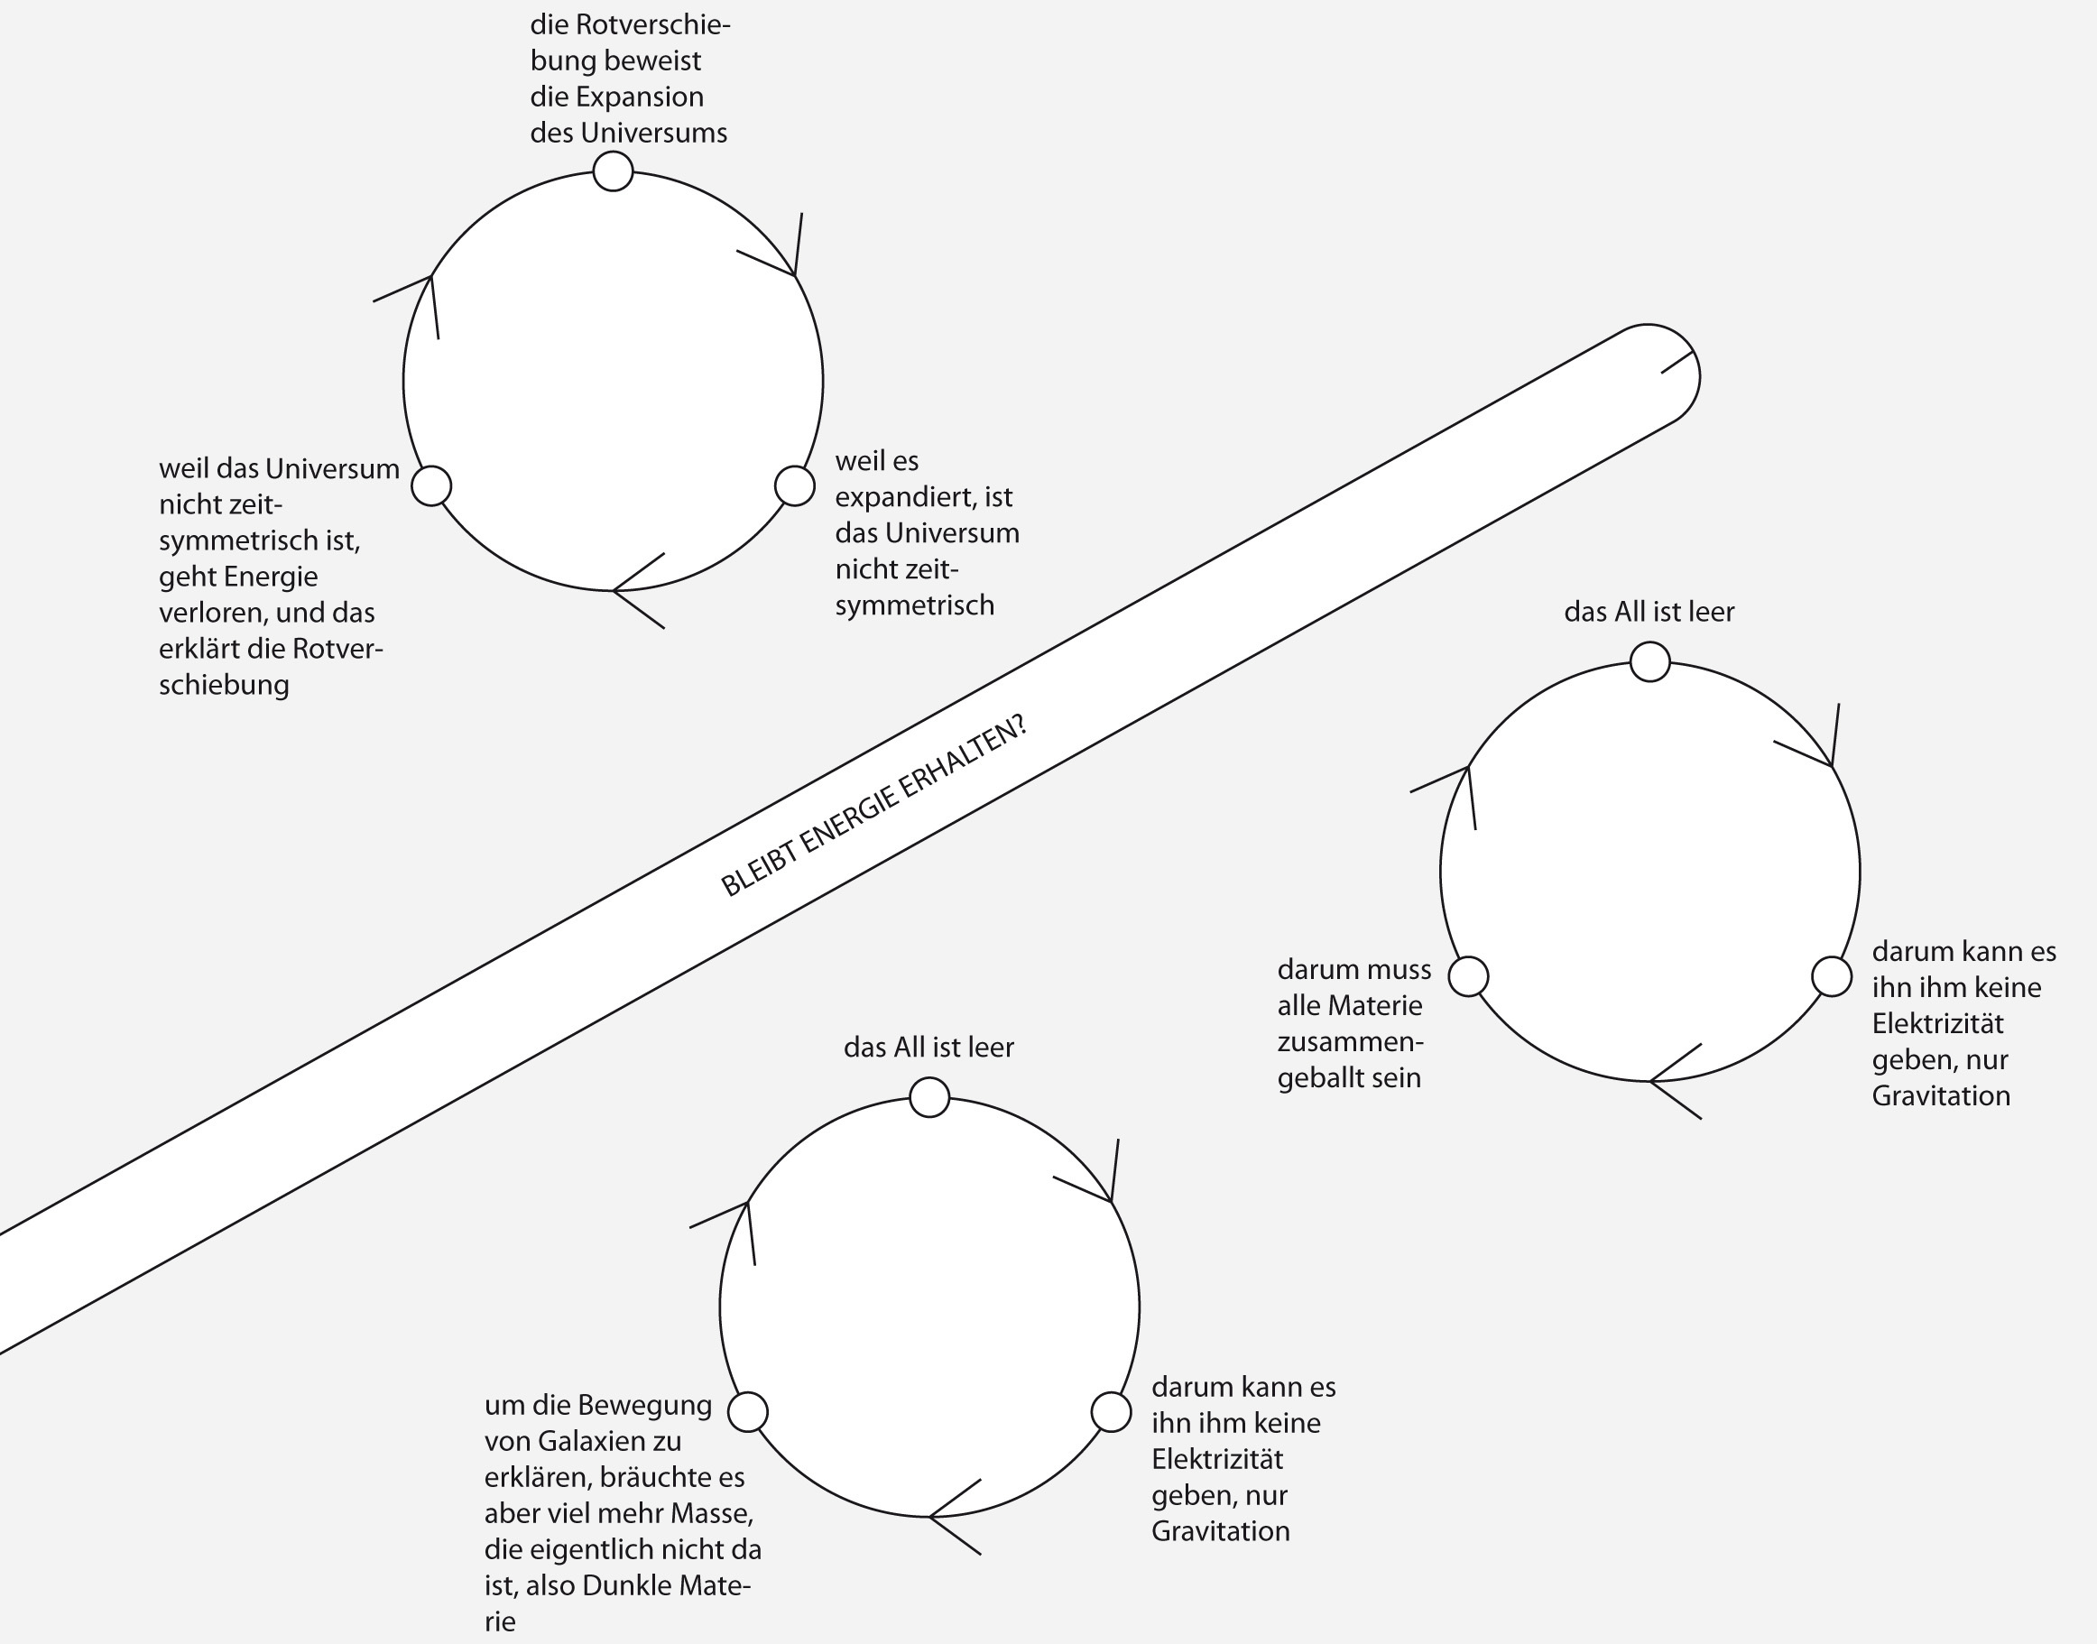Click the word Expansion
pos(639,97)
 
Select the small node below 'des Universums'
pos(613,171)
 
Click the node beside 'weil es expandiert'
pos(795,485)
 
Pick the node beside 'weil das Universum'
pos(431,485)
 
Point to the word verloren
pos(206,614)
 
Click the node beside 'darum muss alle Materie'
pos(1469,976)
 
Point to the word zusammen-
pos(1350,1041)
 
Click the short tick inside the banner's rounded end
pos(1677,362)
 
